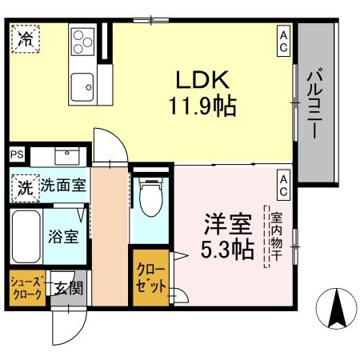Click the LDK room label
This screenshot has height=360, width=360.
203,80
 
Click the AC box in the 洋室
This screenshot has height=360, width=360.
283,185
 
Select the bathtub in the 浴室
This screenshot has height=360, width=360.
26,237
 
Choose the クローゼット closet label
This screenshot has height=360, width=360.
151,277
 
